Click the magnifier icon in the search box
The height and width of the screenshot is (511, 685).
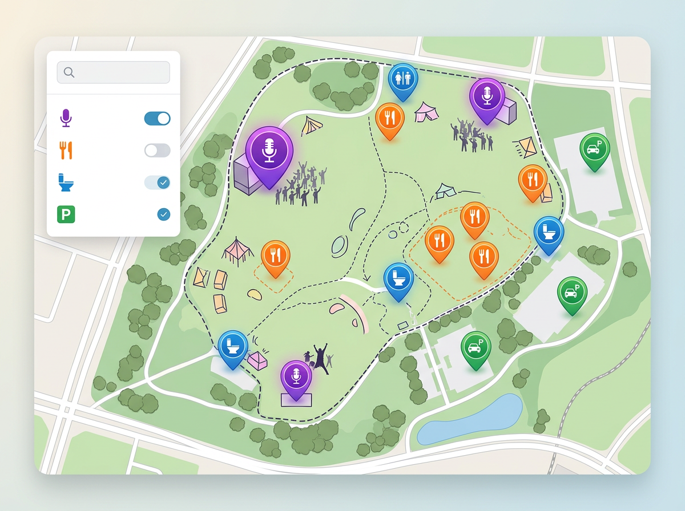pyautogui.click(x=69, y=72)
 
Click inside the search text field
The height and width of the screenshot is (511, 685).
pyautogui.click(x=120, y=72)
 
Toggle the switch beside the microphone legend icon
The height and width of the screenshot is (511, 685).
pyautogui.click(x=157, y=119)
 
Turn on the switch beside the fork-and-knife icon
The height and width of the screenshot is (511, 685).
pyautogui.click(x=157, y=151)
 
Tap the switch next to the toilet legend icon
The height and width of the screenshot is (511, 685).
pyautogui.click(x=157, y=182)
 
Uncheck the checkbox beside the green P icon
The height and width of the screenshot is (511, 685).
pyautogui.click(x=163, y=214)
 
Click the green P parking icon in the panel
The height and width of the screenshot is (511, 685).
pyautogui.click(x=66, y=215)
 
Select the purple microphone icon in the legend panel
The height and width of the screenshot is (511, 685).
pyautogui.click(x=66, y=119)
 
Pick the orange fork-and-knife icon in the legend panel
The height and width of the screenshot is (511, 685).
pyautogui.click(x=66, y=151)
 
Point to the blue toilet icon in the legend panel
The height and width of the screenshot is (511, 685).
pyautogui.click(x=66, y=183)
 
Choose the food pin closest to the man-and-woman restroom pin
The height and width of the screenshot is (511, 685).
pyautogui.click(x=390, y=118)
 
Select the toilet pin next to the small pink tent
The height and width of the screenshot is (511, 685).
pyautogui.click(x=232, y=346)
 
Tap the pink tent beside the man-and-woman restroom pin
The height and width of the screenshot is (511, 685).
pyautogui.click(x=426, y=111)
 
